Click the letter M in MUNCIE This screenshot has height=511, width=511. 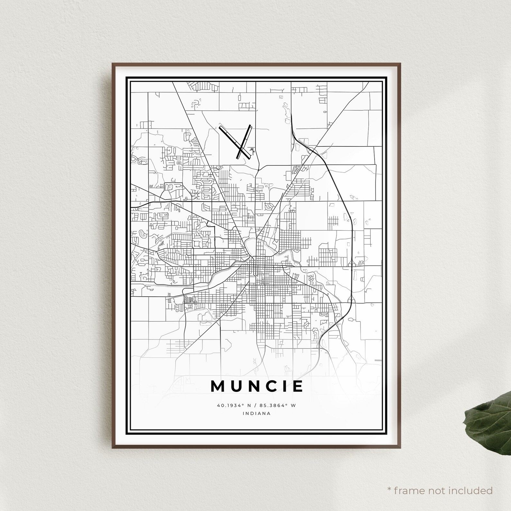218,386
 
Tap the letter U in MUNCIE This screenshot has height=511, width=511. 235,386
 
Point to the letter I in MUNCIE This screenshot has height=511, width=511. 283,386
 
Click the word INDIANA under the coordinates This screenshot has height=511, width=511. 257,413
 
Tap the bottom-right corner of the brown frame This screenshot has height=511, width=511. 400,447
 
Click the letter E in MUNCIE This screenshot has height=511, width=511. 297,386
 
